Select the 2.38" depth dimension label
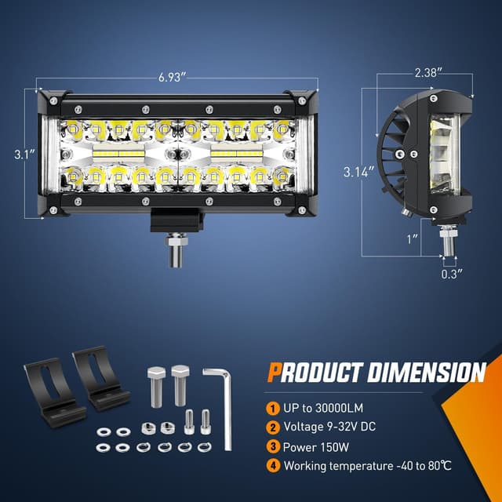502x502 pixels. click(428, 71)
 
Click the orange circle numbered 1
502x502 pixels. click(271, 408)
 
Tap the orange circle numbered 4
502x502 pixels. click(271, 466)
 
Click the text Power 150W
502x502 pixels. click(315, 446)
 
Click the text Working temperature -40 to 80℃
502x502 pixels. click(368, 466)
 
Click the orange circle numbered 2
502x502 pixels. click(271, 427)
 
